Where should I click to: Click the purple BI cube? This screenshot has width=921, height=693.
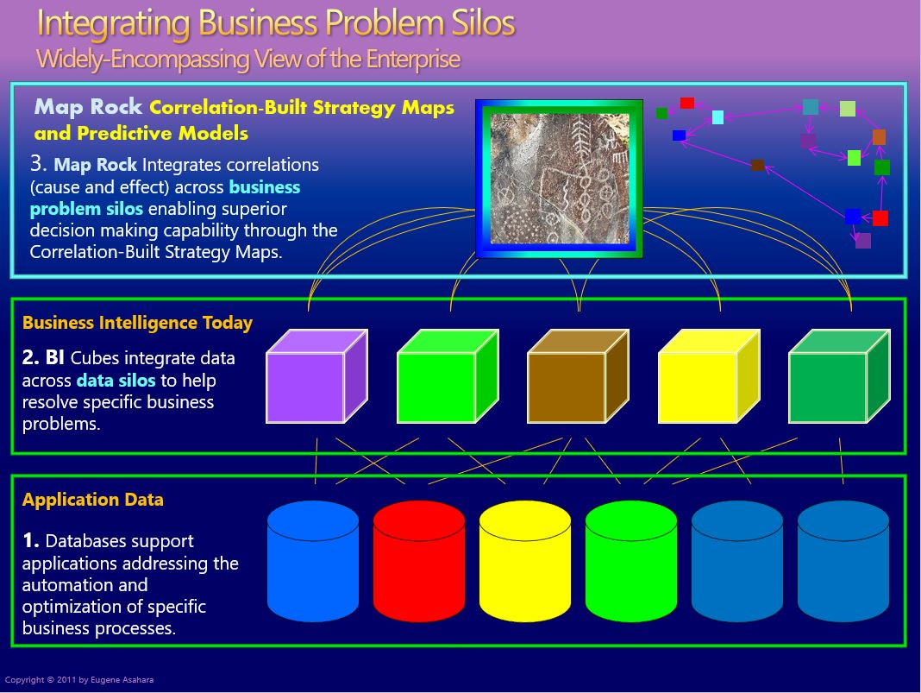[306, 387]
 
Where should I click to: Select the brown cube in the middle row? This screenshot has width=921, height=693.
[567, 387]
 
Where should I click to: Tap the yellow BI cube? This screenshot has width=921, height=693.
[699, 387]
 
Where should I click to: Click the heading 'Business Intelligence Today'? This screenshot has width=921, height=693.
[137, 323]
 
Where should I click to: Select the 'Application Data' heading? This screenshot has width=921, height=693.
[92, 500]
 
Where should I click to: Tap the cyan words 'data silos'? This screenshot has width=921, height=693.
[116, 380]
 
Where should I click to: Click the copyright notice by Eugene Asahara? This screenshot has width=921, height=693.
[79, 680]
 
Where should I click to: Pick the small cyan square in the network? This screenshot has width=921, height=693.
[717, 117]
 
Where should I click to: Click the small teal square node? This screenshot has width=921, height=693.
[811, 107]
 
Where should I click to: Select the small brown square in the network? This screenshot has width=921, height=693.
[757, 165]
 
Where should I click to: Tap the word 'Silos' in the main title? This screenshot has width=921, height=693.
[473, 23]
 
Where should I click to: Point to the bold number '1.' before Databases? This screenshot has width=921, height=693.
[31, 541]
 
